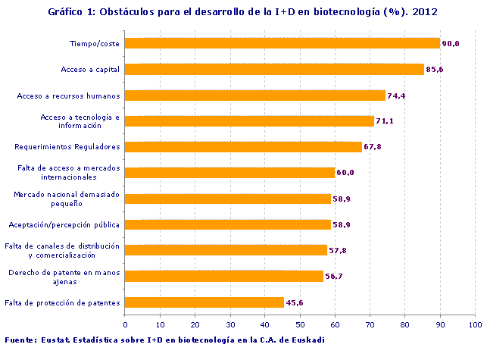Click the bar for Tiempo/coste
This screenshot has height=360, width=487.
pyautogui.click(x=282, y=43)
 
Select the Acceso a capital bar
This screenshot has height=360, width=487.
pyautogui.click(x=274, y=70)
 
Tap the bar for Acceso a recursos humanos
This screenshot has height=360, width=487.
pyautogui.click(x=254, y=95)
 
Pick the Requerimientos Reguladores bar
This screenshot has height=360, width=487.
pyautogui.click(x=243, y=147)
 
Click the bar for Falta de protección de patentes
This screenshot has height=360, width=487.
pyautogui.click(x=204, y=302)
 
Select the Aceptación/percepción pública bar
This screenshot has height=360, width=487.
pyautogui.click(x=227, y=224)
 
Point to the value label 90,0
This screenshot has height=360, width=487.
pyautogui.click(x=451, y=44)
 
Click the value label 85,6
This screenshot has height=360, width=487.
pyautogui.click(x=435, y=70)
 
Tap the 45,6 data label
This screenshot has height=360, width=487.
pyautogui.click(x=295, y=303)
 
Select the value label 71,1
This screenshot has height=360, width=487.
pyautogui.click(x=385, y=121)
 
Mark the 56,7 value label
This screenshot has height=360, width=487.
pyautogui.click(x=334, y=277)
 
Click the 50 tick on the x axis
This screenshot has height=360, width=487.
pyautogui.click(x=300, y=324)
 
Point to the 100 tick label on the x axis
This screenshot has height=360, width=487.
pyautogui.click(x=475, y=324)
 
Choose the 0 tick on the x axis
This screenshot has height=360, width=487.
pyautogui.click(x=125, y=324)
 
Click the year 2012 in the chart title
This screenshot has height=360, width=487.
pyautogui.click(x=426, y=12)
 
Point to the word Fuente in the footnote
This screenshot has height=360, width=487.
pyautogui.click(x=20, y=340)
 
